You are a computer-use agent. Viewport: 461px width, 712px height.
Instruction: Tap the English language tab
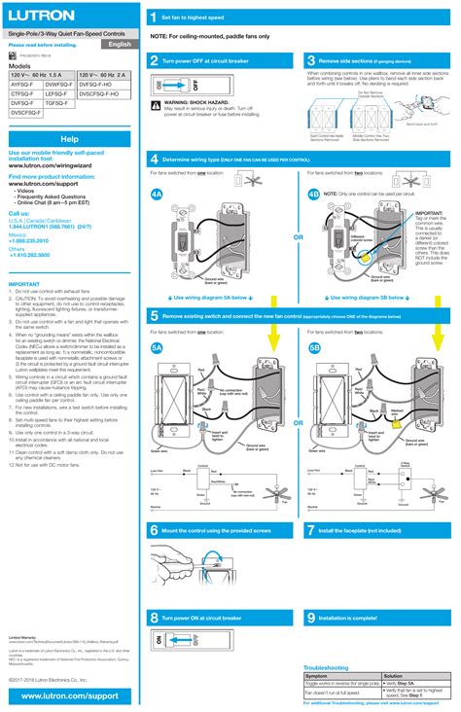(120, 45)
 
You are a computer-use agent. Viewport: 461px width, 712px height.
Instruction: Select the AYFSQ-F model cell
(23, 84)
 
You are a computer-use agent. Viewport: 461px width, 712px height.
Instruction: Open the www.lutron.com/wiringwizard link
(56, 165)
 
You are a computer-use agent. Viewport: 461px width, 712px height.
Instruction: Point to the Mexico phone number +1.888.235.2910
(29, 239)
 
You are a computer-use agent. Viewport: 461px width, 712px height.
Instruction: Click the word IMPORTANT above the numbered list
(24, 285)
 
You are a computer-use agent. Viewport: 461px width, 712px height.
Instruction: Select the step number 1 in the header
(153, 18)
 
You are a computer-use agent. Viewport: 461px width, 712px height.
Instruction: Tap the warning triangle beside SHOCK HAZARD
(158, 100)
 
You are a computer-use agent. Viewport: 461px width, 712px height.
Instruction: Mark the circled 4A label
(157, 194)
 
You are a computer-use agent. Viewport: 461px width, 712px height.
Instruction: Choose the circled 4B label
(313, 194)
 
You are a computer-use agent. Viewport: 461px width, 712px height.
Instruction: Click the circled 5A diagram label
(157, 347)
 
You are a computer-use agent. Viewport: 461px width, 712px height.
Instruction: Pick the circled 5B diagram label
(314, 347)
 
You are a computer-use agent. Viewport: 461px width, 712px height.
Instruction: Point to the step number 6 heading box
(154, 531)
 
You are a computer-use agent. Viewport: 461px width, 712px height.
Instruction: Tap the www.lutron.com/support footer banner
(69, 697)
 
